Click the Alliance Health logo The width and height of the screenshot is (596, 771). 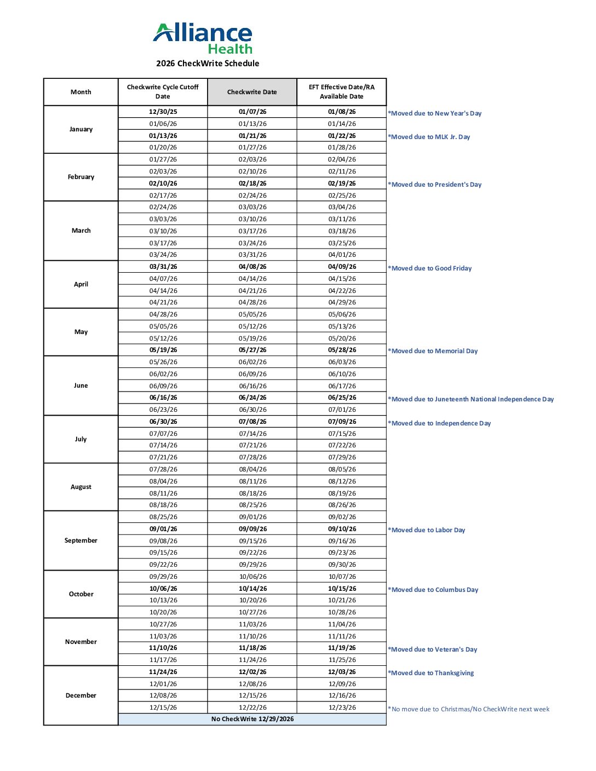point(203,38)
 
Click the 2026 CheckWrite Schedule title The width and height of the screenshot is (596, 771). point(208,64)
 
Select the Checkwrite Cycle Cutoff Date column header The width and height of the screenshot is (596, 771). point(163,91)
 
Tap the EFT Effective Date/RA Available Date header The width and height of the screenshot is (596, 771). point(342,91)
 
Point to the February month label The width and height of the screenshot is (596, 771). point(81,177)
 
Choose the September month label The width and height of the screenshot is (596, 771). point(81,540)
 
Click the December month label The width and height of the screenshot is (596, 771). point(81,695)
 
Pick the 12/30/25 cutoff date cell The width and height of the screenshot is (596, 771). point(163,112)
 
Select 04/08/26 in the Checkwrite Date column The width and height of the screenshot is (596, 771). point(253,267)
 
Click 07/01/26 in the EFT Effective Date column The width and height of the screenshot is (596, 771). point(342,410)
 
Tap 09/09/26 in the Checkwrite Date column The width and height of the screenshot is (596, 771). point(253,529)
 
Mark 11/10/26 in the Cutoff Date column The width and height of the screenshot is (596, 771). point(163,648)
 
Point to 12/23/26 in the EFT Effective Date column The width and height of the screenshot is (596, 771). point(342,707)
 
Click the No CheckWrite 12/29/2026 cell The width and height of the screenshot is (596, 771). point(253,719)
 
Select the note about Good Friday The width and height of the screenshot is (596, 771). point(430,268)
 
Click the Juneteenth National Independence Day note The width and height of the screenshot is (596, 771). point(471,399)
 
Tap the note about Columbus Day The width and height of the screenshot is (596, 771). point(433,590)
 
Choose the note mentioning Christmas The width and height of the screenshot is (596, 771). point(469,709)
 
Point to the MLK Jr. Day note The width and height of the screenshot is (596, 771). point(429,137)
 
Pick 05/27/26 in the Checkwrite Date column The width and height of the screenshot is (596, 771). point(253,350)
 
